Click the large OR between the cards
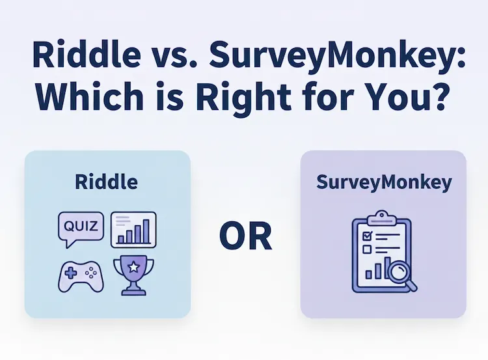pyautogui.click(x=245, y=236)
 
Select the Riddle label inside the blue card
pyautogui.click(x=107, y=182)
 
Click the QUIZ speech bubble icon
pyautogui.click(x=80, y=228)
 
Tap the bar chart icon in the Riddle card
pyautogui.click(x=133, y=229)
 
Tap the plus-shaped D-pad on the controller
pyautogui.click(x=69, y=273)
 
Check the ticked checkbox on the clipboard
pyautogui.click(x=366, y=235)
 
